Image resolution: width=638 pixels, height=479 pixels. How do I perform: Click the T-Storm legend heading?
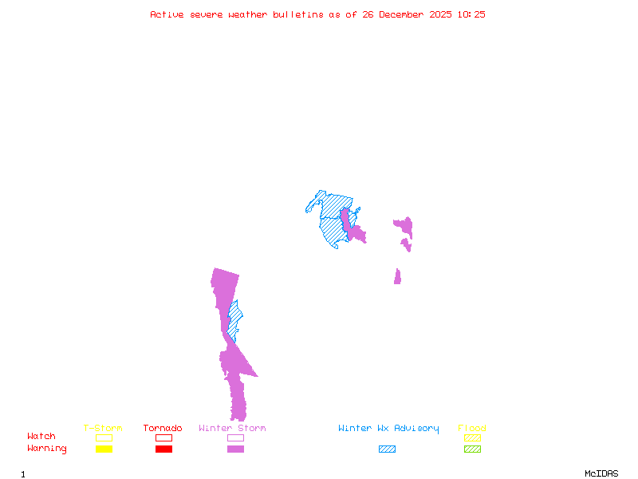point(103,429)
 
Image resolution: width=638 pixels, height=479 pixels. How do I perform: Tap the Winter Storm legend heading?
point(232,429)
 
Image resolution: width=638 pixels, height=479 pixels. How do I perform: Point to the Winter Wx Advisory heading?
point(388,429)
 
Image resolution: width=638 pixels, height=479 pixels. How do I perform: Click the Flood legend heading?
point(472,429)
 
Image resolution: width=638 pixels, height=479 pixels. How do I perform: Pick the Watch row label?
point(41,437)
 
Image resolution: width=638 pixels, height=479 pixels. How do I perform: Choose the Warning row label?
point(47,449)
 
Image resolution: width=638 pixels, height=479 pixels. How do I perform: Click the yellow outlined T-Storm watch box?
point(104,437)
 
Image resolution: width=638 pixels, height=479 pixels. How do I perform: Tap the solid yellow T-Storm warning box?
point(104,449)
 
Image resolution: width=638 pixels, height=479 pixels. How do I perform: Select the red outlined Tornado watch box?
point(163,437)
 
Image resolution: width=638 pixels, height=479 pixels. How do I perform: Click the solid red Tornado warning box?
point(163,449)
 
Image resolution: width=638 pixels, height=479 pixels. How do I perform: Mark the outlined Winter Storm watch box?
point(235,437)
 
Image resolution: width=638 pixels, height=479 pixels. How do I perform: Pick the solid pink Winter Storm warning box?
point(235,449)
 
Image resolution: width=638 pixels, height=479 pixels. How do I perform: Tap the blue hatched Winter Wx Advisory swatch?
point(387,449)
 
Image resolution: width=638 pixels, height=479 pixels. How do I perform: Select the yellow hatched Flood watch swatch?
point(472,437)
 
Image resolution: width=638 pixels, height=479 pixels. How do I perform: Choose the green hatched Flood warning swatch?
point(472,449)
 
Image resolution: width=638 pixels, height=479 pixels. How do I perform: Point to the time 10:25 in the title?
point(471,14)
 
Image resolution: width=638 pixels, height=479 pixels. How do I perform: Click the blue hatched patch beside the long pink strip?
point(234,319)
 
